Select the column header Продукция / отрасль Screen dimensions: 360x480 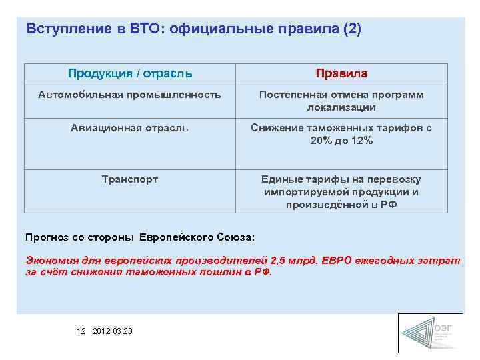pyautogui.click(x=130, y=73)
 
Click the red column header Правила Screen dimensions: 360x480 pyautogui.click(x=341, y=73)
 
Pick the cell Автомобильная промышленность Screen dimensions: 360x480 pyautogui.click(x=129, y=95)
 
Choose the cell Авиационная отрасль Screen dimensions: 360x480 pyautogui.click(x=129, y=127)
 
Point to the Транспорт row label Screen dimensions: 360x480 pyautogui.click(x=129, y=179)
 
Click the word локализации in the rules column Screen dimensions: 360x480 pyautogui.click(x=341, y=107)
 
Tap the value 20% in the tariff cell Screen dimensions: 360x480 pyautogui.click(x=323, y=141)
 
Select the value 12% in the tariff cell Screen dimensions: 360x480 pyautogui.click(x=361, y=141)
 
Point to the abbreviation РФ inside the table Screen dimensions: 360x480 pyautogui.click(x=387, y=205)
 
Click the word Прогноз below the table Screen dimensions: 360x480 pyautogui.click(x=47, y=237)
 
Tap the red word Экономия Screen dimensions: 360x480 pyautogui.click(x=51, y=261)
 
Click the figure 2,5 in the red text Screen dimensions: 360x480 pyautogui.click(x=279, y=261)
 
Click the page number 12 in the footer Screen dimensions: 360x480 pyautogui.click(x=81, y=331)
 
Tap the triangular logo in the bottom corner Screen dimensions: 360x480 pyautogui.click(x=419, y=333)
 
